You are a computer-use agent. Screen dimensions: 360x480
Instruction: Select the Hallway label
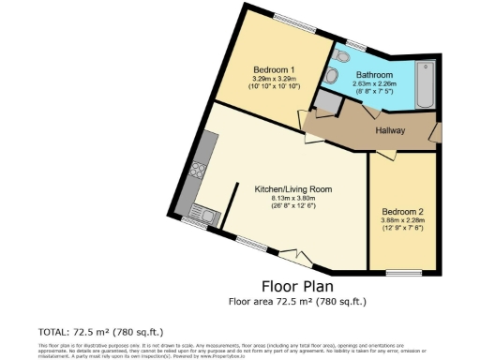tap(394, 131)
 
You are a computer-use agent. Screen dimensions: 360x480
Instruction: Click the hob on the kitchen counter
tap(201, 171)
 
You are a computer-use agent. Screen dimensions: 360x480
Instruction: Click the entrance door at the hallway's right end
tap(435, 131)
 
